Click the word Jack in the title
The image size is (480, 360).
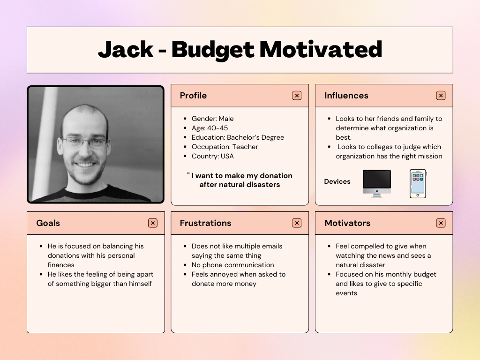126,50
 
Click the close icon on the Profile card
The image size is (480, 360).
297,96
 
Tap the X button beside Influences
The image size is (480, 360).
441,96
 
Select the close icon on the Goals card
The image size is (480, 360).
153,223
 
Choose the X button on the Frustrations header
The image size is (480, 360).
297,223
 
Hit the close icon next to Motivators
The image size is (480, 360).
441,223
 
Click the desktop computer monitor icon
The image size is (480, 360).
377,184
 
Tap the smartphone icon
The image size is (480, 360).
418,184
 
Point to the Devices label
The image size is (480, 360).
337,181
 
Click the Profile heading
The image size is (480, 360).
193,96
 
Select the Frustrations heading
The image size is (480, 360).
205,223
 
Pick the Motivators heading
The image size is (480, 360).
347,223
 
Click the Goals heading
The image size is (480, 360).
48,223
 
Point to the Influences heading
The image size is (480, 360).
346,96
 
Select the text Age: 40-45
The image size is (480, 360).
210,128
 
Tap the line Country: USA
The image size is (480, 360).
212,156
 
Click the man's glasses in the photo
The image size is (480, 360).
84,142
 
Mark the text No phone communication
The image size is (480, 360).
232,265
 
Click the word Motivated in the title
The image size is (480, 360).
321,50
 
